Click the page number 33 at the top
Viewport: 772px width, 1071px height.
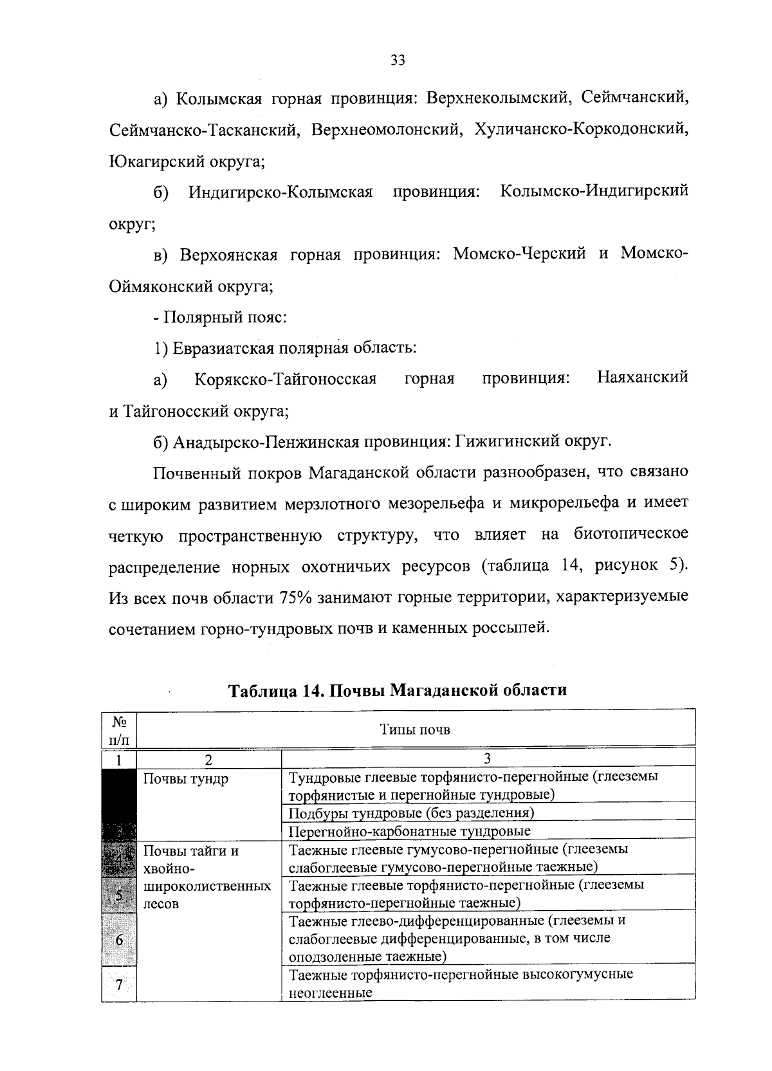[398, 60]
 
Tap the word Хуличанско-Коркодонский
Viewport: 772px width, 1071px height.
[581, 129]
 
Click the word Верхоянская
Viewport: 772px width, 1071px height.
[228, 254]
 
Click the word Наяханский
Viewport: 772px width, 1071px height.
[642, 376]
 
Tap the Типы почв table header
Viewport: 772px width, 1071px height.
[415, 729]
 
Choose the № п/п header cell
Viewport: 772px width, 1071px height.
[120, 729]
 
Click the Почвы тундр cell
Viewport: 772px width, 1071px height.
[185, 780]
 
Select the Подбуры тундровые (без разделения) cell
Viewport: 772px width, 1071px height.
[412, 812]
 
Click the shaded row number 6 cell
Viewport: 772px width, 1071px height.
[120, 940]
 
